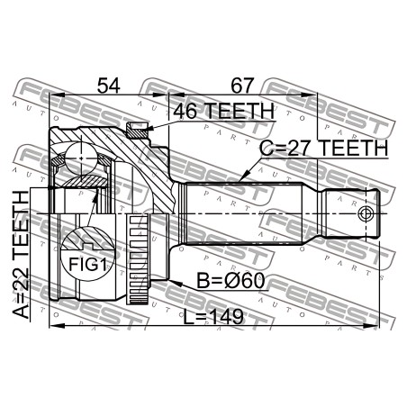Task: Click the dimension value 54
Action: [x=108, y=86]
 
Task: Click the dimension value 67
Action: [x=242, y=86]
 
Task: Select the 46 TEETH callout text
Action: [x=223, y=111]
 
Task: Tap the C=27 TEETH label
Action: [x=324, y=149]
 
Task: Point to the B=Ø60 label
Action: [x=231, y=281]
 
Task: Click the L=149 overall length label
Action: [x=213, y=316]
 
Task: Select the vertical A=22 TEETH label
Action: [x=21, y=255]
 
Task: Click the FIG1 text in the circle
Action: [x=87, y=265]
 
